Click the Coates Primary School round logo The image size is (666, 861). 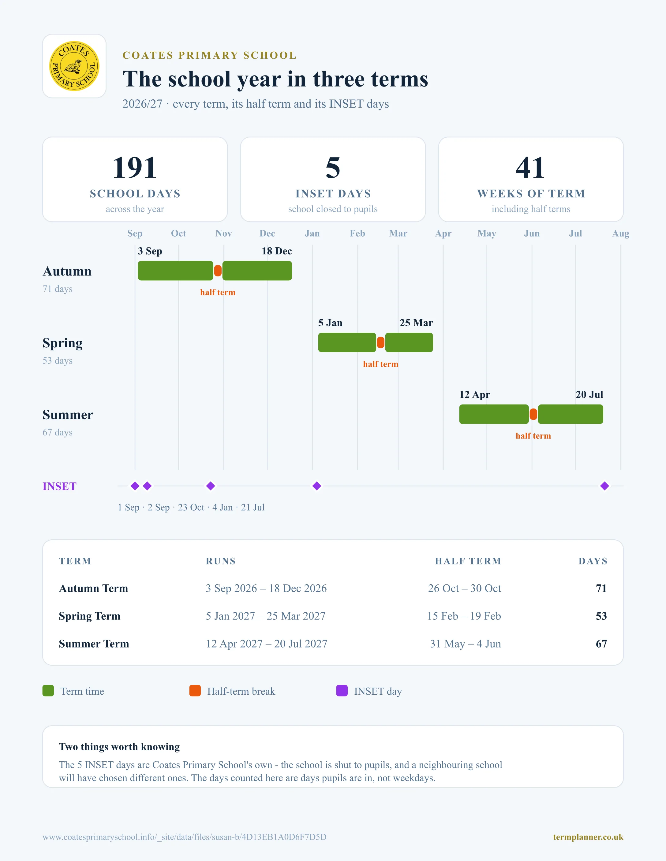(x=74, y=66)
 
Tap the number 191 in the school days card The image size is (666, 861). (x=135, y=168)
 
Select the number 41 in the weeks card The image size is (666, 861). (x=531, y=168)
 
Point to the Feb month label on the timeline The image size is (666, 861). (x=357, y=233)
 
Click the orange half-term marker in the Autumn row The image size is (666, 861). (x=218, y=271)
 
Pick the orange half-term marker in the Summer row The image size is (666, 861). (x=533, y=414)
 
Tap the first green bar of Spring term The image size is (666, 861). (x=347, y=342)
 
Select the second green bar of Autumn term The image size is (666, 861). (x=257, y=271)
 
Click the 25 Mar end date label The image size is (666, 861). (x=416, y=323)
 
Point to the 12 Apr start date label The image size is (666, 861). (x=475, y=395)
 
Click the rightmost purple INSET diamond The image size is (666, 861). (x=604, y=486)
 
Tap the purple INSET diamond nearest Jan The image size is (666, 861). (x=317, y=486)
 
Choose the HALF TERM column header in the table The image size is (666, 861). (x=468, y=561)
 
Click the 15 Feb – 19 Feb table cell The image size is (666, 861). (x=464, y=616)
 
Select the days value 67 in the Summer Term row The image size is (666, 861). (x=601, y=644)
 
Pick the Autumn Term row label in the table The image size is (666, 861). (x=94, y=588)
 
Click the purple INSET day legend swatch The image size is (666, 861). (x=342, y=691)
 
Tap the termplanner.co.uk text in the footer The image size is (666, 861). (x=588, y=837)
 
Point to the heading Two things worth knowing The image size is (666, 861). (x=119, y=747)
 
